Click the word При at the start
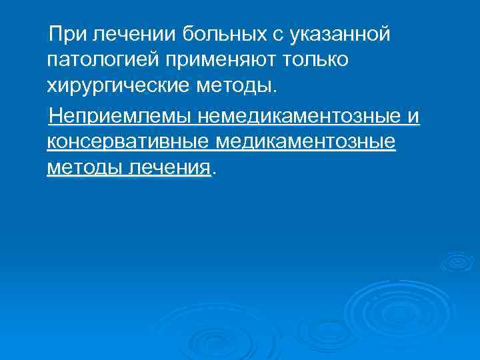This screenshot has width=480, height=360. (x=70, y=33)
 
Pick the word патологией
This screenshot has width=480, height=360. (x=99, y=59)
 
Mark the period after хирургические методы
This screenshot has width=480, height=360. (x=273, y=90)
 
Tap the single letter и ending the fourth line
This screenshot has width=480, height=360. (x=414, y=117)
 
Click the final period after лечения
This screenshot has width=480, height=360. (x=213, y=172)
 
